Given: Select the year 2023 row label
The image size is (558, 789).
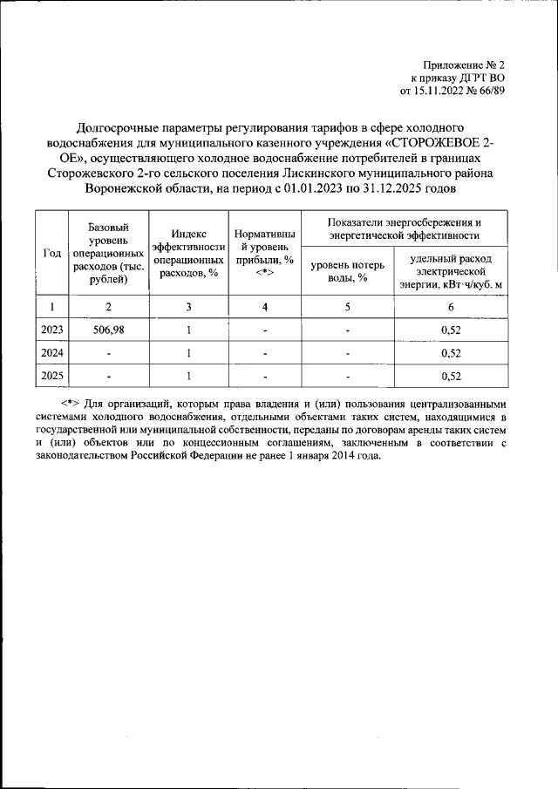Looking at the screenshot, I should point(51,330).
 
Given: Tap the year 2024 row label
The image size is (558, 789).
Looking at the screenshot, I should point(51,354).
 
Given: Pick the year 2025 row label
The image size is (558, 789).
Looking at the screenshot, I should point(51,377).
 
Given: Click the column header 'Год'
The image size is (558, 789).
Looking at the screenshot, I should point(51,253).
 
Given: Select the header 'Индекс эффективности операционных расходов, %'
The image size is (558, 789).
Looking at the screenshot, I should point(188,253).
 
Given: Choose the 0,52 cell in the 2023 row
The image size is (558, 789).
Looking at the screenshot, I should point(451,330).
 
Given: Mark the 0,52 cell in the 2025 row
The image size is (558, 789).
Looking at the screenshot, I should point(451,377).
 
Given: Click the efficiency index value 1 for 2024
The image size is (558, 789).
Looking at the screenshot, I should point(188,354).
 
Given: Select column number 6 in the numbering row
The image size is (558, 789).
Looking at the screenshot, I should point(451,307).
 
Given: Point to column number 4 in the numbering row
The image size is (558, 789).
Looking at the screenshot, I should point(265,307).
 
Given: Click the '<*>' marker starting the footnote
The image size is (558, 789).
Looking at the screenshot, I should point(71,405).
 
